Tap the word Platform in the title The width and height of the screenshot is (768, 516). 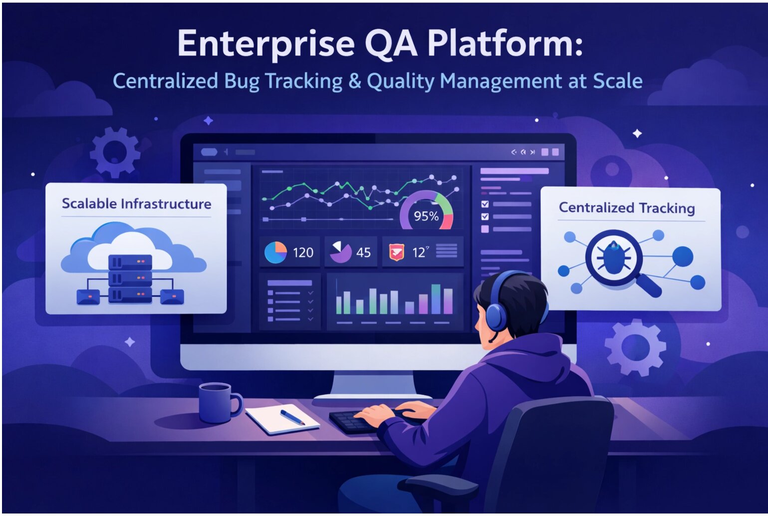[504, 44]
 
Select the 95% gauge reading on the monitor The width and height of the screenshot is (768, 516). [426, 216]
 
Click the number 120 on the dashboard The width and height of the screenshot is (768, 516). [303, 253]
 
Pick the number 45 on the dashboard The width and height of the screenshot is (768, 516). [363, 253]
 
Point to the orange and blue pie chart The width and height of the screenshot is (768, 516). [275, 252]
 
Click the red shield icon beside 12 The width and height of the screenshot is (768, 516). [396, 252]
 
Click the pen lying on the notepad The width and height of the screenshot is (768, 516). [292, 417]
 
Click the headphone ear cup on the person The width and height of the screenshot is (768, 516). [497, 314]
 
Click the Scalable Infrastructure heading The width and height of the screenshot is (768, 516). [136, 204]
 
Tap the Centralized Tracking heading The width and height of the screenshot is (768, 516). [626, 208]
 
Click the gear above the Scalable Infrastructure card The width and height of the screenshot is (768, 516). [115, 152]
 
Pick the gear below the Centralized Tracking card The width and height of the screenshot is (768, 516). [635, 347]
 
